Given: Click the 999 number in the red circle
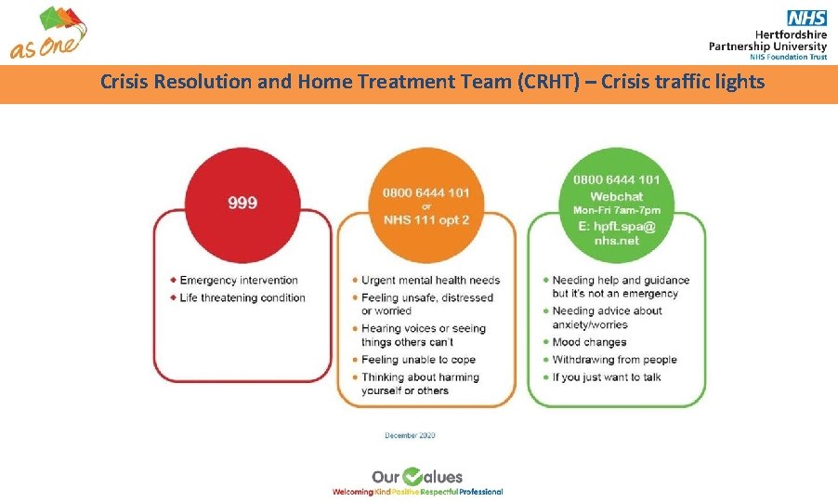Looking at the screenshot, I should [242, 202].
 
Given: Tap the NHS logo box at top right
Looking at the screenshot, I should [806, 18].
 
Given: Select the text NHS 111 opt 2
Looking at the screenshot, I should [426, 218].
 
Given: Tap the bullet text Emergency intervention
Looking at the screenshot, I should [239, 280].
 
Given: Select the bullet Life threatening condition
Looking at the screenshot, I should [242, 297].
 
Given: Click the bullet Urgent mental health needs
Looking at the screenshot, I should [430, 280].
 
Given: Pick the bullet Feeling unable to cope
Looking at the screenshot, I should [418, 360].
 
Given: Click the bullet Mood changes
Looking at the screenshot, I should [589, 342].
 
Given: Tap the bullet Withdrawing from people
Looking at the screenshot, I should [614, 360].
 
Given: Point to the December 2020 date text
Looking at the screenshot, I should [410, 435].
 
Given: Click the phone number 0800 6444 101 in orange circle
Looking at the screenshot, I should [426, 192].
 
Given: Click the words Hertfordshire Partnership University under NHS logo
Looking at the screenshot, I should [767, 39].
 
